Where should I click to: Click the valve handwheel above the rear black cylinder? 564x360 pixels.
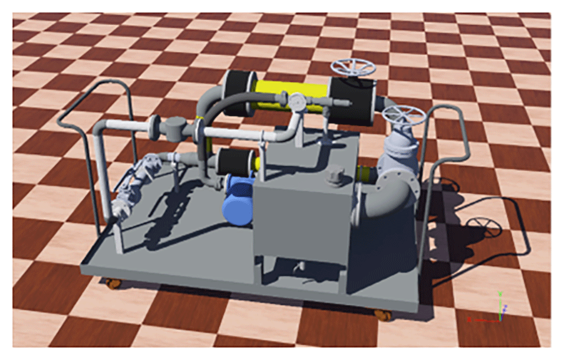354,68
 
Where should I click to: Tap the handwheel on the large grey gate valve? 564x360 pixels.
403,115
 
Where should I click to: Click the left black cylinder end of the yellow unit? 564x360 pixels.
238,93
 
